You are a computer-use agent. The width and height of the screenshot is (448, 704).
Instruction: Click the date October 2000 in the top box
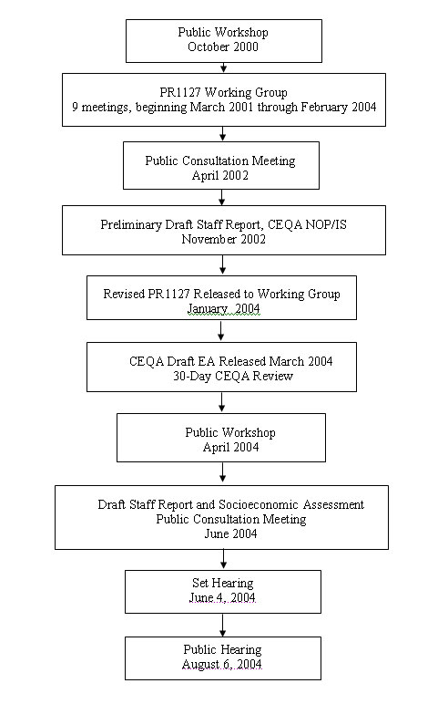pos(223,47)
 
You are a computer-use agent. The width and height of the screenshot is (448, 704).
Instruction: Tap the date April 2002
pos(221,176)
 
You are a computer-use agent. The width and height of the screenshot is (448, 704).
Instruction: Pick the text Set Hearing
pos(223,583)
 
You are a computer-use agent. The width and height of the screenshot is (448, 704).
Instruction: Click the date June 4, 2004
pos(223,598)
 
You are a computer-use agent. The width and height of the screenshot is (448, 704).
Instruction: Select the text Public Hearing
pos(223,650)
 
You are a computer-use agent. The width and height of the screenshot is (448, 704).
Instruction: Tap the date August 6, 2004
pos(223,666)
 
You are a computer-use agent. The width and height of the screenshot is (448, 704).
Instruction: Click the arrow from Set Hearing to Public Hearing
pos(223,625)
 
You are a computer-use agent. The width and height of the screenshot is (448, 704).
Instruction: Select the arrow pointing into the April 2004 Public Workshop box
pos(221,402)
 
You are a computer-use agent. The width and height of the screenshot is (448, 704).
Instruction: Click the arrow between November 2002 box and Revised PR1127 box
pos(221,265)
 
